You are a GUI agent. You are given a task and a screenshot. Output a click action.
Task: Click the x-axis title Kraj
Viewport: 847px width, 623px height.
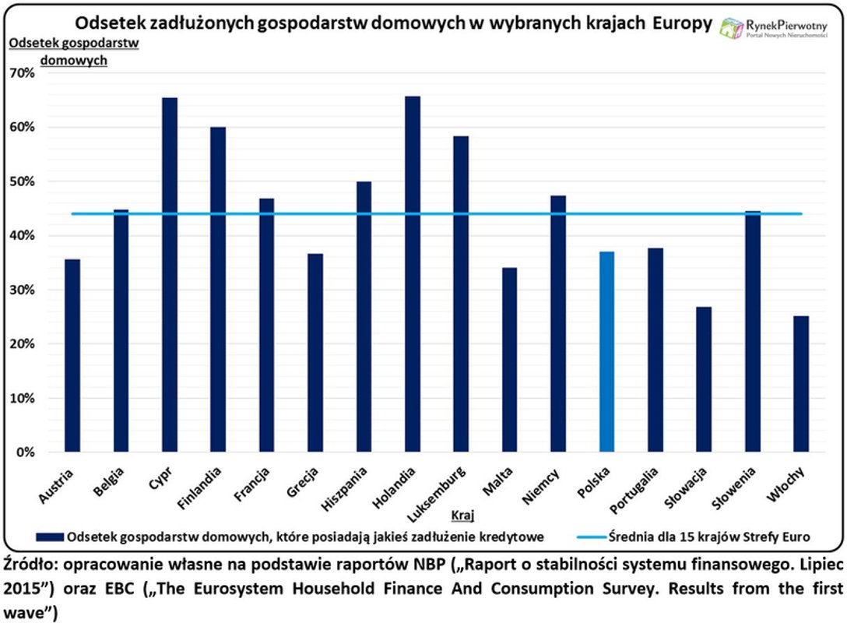pyautogui.click(x=462, y=515)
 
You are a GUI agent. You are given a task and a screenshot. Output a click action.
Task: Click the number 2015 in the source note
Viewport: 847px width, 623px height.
pyautogui.click(x=23, y=585)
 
